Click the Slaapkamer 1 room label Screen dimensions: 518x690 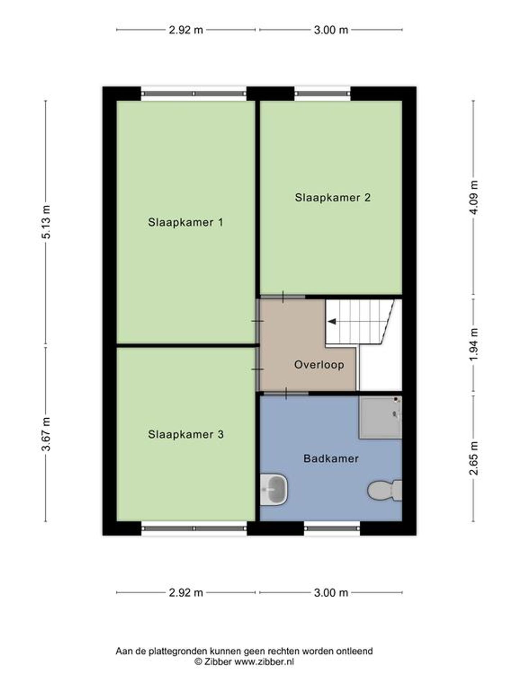[186, 222]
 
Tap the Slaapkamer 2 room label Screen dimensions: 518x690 [333, 197]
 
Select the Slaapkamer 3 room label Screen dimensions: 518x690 [186, 434]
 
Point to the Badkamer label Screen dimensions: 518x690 [331, 459]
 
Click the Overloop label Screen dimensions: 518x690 [319, 365]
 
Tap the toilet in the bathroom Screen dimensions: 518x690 [385, 490]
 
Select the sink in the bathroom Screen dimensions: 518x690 [274, 489]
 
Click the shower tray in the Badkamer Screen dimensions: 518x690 [380, 417]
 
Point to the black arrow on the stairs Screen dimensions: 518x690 [332, 321]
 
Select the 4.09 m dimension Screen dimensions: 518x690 [474, 197]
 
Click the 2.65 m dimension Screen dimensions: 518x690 [474, 458]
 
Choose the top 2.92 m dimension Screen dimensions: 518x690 [186, 30]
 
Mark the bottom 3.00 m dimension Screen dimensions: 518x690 [331, 593]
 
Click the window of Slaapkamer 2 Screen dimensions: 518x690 [323, 93]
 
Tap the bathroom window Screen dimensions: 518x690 [332, 528]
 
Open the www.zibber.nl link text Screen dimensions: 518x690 [264, 662]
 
